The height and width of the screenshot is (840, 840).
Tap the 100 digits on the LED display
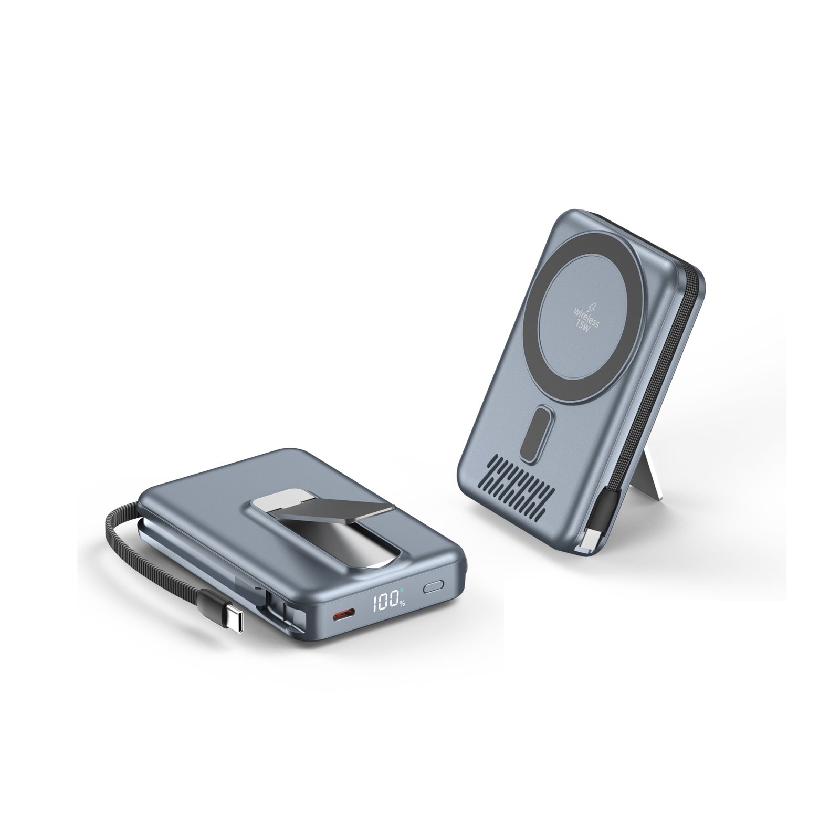click(x=385, y=601)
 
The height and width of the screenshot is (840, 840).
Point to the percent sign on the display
click(x=402, y=604)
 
